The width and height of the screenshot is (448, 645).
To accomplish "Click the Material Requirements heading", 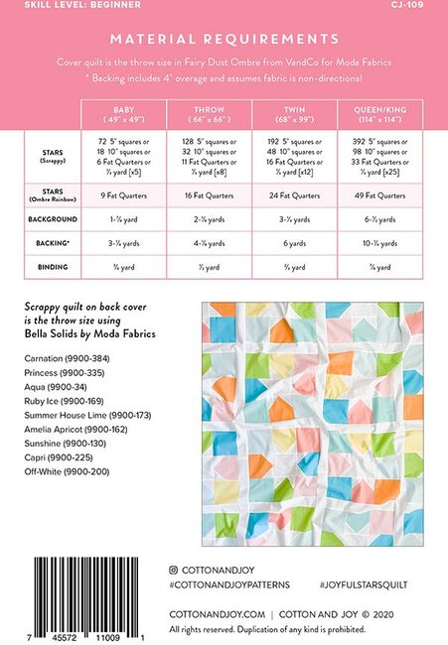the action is click(x=224, y=39).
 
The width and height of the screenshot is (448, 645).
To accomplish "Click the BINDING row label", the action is click(x=47, y=266).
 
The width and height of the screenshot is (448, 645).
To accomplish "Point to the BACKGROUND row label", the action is click(x=47, y=218).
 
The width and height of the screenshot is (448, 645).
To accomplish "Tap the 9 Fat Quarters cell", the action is click(x=124, y=194).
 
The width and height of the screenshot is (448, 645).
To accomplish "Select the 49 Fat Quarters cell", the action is click(x=381, y=194).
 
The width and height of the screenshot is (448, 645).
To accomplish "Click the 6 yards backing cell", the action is click(x=295, y=242).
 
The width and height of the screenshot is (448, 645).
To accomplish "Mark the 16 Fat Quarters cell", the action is click(x=210, y=194).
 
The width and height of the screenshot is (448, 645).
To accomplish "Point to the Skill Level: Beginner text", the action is click(x=59, y=5).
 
